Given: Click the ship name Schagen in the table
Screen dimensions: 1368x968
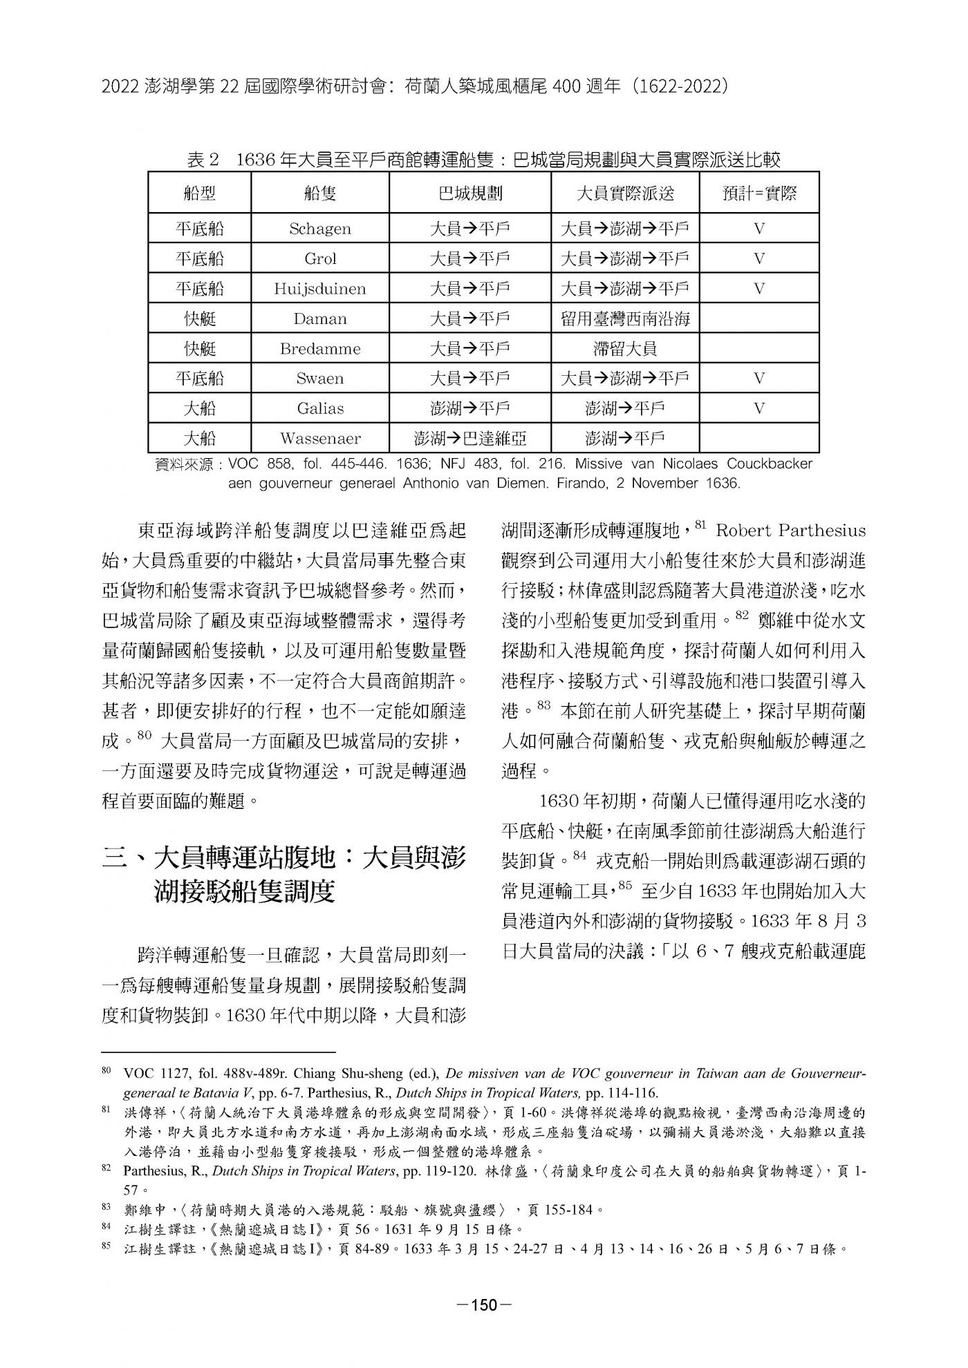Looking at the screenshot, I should click(319, 229).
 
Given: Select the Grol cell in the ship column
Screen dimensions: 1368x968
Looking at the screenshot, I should click(319, 259).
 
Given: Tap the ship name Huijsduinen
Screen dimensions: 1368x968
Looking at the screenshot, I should click(319, 289).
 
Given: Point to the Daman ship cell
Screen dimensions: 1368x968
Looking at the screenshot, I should click(319, 319).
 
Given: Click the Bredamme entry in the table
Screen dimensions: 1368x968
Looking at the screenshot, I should click(319, 349).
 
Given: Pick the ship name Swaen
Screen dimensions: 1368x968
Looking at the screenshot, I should click(319, 379).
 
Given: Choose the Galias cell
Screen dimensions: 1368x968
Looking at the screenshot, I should click(319, 408).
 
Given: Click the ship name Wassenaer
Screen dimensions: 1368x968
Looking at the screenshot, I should click(319, 439).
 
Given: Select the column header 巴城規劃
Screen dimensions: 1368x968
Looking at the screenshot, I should click(470, 193).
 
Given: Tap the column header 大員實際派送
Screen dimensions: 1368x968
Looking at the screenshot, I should click(625, 193).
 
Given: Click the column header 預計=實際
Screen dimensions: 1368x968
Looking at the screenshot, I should click(759, 193).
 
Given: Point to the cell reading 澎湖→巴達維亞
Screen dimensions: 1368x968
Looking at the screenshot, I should click(470, 439).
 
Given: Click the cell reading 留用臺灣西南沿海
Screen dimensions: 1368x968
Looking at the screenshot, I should click(625, 319).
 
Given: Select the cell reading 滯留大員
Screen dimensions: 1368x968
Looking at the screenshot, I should click(625, 349).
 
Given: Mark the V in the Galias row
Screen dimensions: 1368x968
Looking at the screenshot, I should click(759, 408).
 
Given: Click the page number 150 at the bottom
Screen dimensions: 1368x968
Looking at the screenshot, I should click(484, 1305).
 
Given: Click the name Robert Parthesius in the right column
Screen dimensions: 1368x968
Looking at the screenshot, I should click(790, 531).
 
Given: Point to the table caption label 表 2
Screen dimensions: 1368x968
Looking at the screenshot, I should click(203, 161).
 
